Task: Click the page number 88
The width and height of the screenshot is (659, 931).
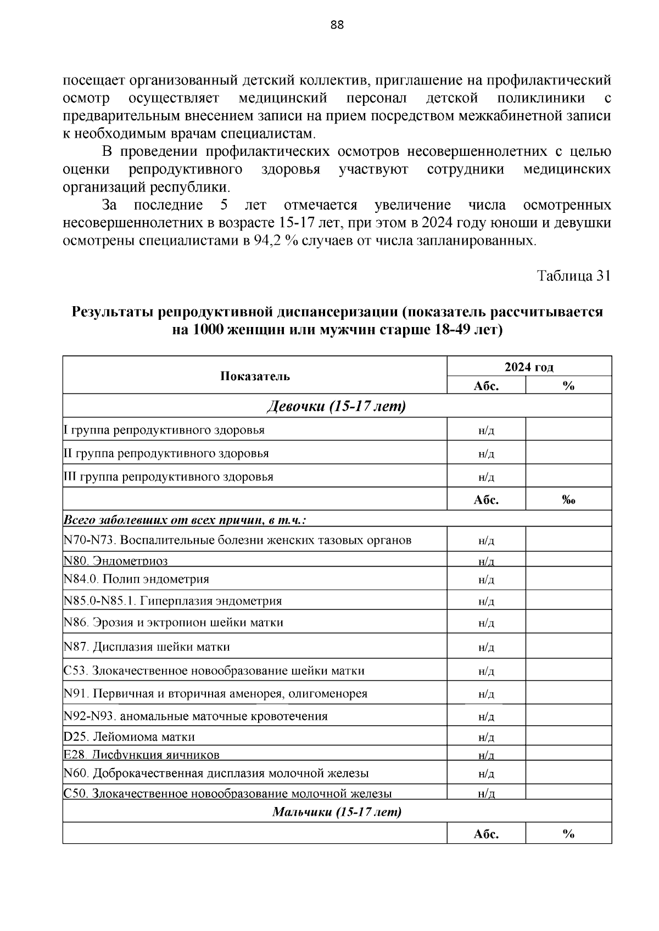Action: pos(337,25)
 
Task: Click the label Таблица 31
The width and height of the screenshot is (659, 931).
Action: pos(573,276)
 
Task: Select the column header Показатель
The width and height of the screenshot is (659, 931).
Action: pos(255,376)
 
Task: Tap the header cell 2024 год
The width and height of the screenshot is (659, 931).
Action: pos(529,367)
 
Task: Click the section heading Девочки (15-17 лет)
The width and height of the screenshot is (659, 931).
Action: pos(336,407)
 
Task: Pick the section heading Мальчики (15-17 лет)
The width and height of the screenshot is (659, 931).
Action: pos(337,811)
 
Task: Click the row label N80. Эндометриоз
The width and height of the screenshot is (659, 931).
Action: pos(116,560)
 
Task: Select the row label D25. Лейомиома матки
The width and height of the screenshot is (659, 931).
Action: pos(130,736)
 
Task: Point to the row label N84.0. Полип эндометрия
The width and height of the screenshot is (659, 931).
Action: pos(136,579)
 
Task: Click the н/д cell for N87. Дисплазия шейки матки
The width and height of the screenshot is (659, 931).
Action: pos(486,647)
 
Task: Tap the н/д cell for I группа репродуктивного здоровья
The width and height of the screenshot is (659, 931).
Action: pos(486,431)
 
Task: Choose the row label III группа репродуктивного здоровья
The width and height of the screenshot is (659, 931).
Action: pos(169,476)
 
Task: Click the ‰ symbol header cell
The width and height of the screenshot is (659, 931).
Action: pos(568,500)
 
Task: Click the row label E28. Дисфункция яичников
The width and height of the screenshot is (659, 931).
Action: pos(142,754)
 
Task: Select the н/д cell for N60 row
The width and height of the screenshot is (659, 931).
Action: pos(486,774)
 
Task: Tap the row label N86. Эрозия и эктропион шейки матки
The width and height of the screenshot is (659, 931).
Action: pos(174,623)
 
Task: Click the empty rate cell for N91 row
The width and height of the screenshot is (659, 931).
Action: pos(568,693)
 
